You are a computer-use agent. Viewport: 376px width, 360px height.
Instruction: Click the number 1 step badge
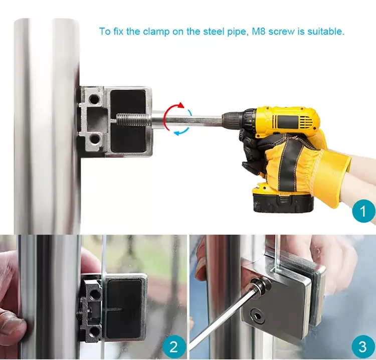(x=364, y=211)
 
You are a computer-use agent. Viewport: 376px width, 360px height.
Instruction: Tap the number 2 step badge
(x=174, y=347)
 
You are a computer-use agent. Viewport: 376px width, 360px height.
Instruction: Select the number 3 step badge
(x=363, y=347)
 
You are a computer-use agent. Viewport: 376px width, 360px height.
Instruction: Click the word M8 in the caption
(x=259, y=32)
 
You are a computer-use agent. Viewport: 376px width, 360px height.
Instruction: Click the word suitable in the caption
(x=326, y=32)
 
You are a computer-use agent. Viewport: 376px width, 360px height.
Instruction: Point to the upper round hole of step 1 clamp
(x=94, y=99)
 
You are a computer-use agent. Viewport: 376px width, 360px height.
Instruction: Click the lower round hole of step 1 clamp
(x=94, y=139)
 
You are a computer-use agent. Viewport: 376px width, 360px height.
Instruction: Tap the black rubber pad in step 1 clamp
(x=128, y=121)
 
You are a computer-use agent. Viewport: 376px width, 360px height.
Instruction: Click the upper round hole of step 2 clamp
(x=95, y=294)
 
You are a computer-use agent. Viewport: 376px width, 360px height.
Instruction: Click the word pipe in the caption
(x=238, y=32)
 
